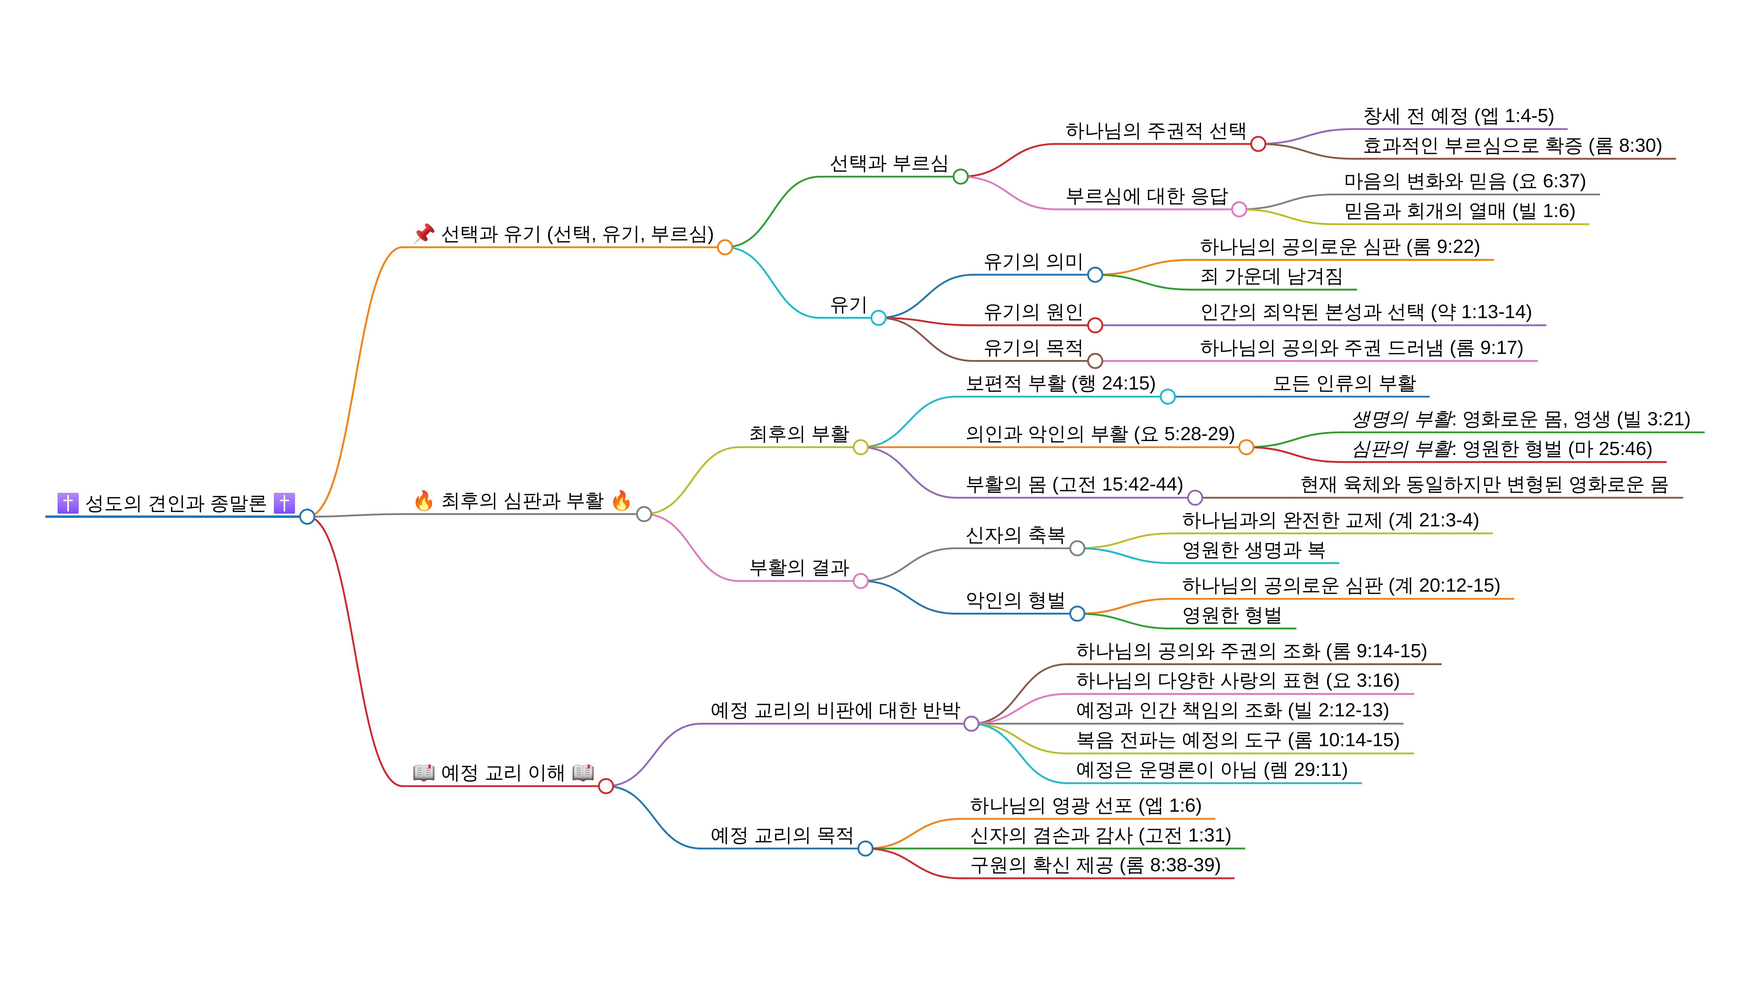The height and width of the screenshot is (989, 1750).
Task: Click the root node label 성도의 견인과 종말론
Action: coord(175,503)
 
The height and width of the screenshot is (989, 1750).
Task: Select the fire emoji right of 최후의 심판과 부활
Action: coord(620,501)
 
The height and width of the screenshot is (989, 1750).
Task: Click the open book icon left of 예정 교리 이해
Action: coord(424,772)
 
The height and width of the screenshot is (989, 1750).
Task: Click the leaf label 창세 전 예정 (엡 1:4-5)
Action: coord(1458,116)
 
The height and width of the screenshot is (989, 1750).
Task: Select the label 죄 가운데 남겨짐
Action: coord(1271,277)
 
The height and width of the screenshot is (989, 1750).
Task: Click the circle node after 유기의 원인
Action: coord(1095,325)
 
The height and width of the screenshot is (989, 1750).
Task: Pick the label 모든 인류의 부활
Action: coord(1344,384)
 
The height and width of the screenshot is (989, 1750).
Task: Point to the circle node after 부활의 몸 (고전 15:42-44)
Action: coord(1195,498)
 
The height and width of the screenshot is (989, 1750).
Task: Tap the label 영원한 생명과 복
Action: coord(1253,550)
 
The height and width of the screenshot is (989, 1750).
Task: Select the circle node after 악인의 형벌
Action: coord(1077,614)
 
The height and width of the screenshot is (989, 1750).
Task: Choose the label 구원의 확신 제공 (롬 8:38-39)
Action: coord(1095,865)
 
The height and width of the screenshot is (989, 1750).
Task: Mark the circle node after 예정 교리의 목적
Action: coord(865,848)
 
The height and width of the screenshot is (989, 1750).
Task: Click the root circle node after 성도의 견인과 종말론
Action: coord(307,517)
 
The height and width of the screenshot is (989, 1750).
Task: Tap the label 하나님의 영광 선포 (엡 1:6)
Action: coord(1085,806)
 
